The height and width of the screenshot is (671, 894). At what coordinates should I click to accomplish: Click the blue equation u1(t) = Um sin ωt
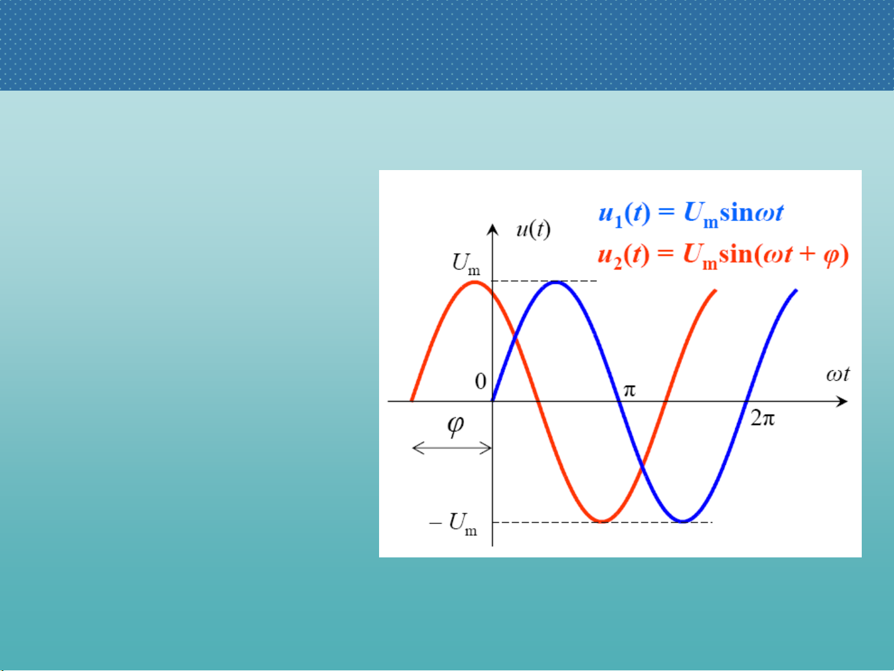point(691,214)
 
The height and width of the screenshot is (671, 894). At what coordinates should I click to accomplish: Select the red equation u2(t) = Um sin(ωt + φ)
point(723,256)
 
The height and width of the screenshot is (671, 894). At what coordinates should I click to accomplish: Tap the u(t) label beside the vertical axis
point(533,230)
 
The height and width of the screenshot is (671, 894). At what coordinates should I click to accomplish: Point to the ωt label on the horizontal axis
point(838,374)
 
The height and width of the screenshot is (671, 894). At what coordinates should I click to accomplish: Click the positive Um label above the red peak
point(466,264)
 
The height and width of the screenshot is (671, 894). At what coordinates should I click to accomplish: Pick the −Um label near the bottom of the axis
point(453,524)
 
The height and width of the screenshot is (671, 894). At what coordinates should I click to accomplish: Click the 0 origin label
point(481,382)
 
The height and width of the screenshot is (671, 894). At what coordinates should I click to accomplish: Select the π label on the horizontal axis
point(629,390)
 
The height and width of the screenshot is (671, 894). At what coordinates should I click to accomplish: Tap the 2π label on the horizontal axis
point(762,418)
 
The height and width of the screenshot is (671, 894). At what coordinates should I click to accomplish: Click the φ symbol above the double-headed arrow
point(455,426)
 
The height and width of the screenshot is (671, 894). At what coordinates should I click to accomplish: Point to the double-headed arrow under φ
point(452,448)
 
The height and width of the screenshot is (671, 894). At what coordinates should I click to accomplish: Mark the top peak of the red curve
point(475,282)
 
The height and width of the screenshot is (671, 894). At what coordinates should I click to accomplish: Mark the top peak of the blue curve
point(555,282)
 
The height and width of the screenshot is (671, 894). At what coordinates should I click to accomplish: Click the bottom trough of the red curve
point(602,521)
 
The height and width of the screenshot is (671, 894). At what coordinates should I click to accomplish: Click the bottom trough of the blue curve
point(683,521)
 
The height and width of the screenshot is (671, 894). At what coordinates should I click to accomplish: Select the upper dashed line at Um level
point(545,281)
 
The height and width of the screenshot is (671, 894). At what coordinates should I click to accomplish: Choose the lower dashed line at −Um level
point(602,522)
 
